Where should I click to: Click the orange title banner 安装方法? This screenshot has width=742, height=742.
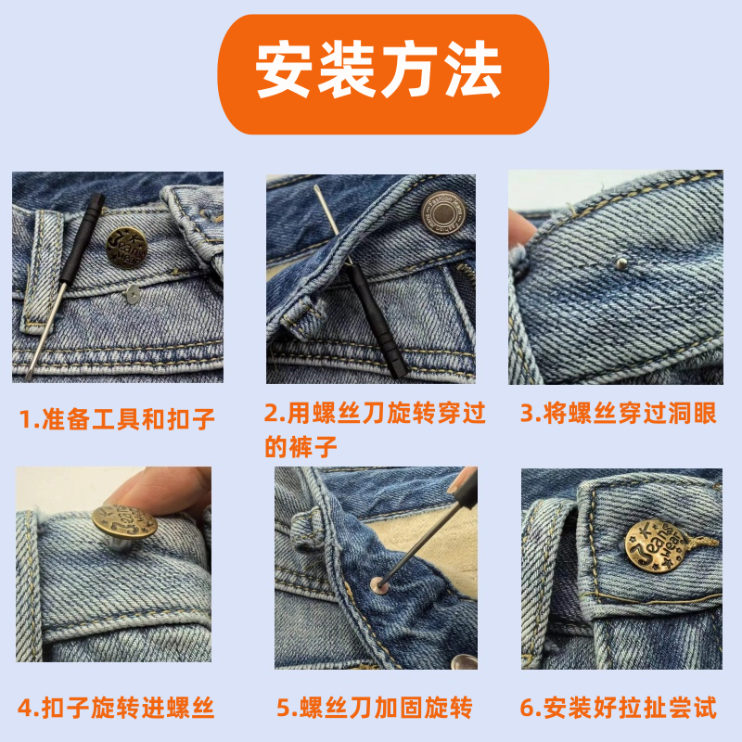point(383,74)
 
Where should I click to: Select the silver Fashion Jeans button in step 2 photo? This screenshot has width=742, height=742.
point(443,213)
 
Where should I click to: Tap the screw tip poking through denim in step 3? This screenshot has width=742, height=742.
point(621,262)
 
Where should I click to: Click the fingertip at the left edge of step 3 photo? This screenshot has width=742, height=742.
point(520,228)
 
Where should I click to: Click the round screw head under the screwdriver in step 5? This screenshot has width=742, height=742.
point(379,585)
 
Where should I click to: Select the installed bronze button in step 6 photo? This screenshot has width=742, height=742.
point(656,546)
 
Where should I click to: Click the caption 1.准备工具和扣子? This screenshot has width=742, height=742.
point(117,419)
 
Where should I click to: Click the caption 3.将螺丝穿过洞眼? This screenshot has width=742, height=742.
point(619,413)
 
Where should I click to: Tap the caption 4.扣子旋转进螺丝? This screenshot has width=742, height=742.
point(116,708)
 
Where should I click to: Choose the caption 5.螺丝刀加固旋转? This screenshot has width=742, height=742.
point(375,708)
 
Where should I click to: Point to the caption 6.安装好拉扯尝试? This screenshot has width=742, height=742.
point(618,708)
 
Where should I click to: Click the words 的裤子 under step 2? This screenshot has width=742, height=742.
point(301,447)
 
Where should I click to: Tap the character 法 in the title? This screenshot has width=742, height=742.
point(473,69)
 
